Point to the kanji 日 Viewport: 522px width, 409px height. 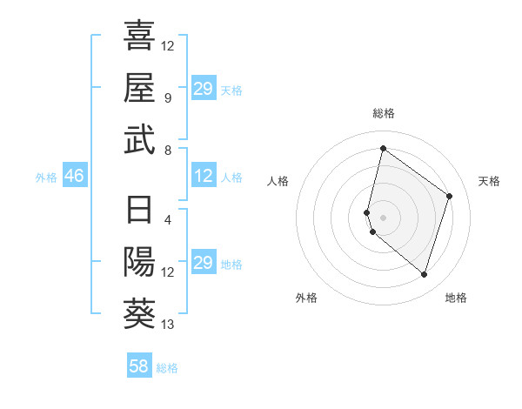(139, 211)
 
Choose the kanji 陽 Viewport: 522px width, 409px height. (139, 261)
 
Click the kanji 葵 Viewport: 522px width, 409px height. (139, 313)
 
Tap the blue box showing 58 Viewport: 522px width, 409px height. (139, 366)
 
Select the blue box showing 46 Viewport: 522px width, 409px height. (74, 177)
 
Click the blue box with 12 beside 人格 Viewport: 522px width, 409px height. (204, 177)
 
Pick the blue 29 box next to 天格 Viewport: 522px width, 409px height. (204, 89)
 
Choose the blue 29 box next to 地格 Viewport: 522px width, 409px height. (204, 263)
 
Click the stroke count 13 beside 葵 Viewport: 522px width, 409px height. (168, 325)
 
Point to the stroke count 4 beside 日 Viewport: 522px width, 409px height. (168, 219)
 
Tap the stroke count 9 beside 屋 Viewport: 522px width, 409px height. (168, 97)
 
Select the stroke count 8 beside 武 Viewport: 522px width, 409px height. (168, 150)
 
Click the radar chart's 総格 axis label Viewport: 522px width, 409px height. (383, 113)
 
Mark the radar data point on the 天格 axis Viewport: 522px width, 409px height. (450, 196)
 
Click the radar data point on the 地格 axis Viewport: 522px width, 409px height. (424, 275)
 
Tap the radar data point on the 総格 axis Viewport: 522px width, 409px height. (383, 149)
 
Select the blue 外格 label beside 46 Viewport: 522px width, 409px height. (46, 178)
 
